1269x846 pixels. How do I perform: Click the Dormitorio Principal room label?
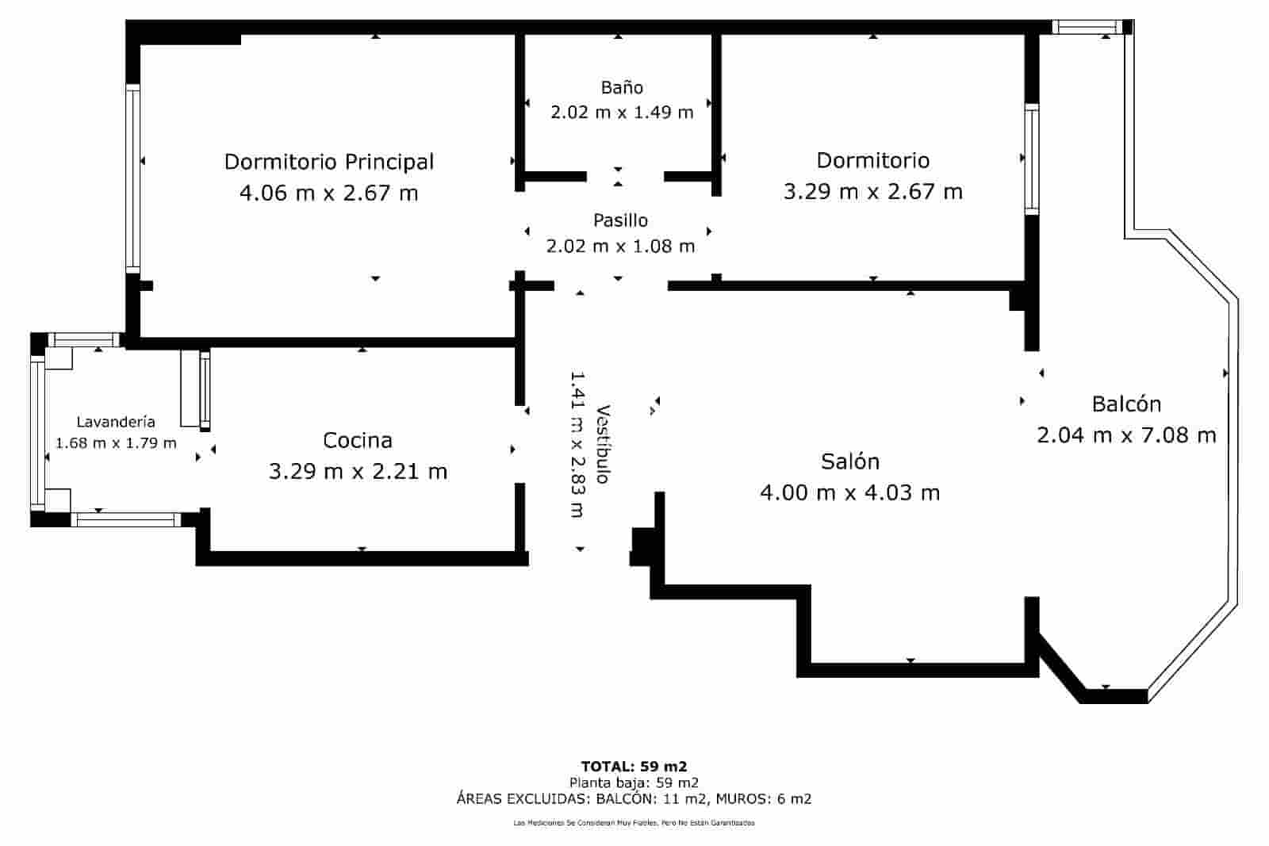[x=328, y=162]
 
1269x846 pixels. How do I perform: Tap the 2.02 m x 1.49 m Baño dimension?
[x=622, y=112]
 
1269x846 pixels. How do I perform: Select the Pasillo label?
[x=620, y=220]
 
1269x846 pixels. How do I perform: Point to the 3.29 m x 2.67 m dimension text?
[x=872, y=192]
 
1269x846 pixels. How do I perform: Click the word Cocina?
[x=358, y=440]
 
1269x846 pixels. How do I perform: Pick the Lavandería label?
[x=116, y=422]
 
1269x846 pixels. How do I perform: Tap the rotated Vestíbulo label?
[x=603, y=445]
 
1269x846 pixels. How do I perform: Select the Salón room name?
[x=849, y=461]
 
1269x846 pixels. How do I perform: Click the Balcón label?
[x=1126, y=404]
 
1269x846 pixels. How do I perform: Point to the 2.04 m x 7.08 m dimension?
[x=1126, y=435]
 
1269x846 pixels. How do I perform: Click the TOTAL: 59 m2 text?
[x=634, y=766]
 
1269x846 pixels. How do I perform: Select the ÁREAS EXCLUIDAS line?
[x=634, y=798]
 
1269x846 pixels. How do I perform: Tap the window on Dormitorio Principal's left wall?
[x=132, y=179]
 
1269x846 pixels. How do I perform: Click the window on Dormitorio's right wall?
[x=1031, y=159]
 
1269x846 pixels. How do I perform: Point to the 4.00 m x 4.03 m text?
[x=849, y=493]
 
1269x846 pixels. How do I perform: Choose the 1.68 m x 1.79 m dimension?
[x=116, y=442]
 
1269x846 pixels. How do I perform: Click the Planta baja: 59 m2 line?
[x=634, y=782]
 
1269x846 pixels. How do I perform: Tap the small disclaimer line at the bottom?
[x=634, y=823]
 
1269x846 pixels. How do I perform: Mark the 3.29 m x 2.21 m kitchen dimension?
[x=358, y=472]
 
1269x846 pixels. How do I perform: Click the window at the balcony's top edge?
[x=1087, y=27]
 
